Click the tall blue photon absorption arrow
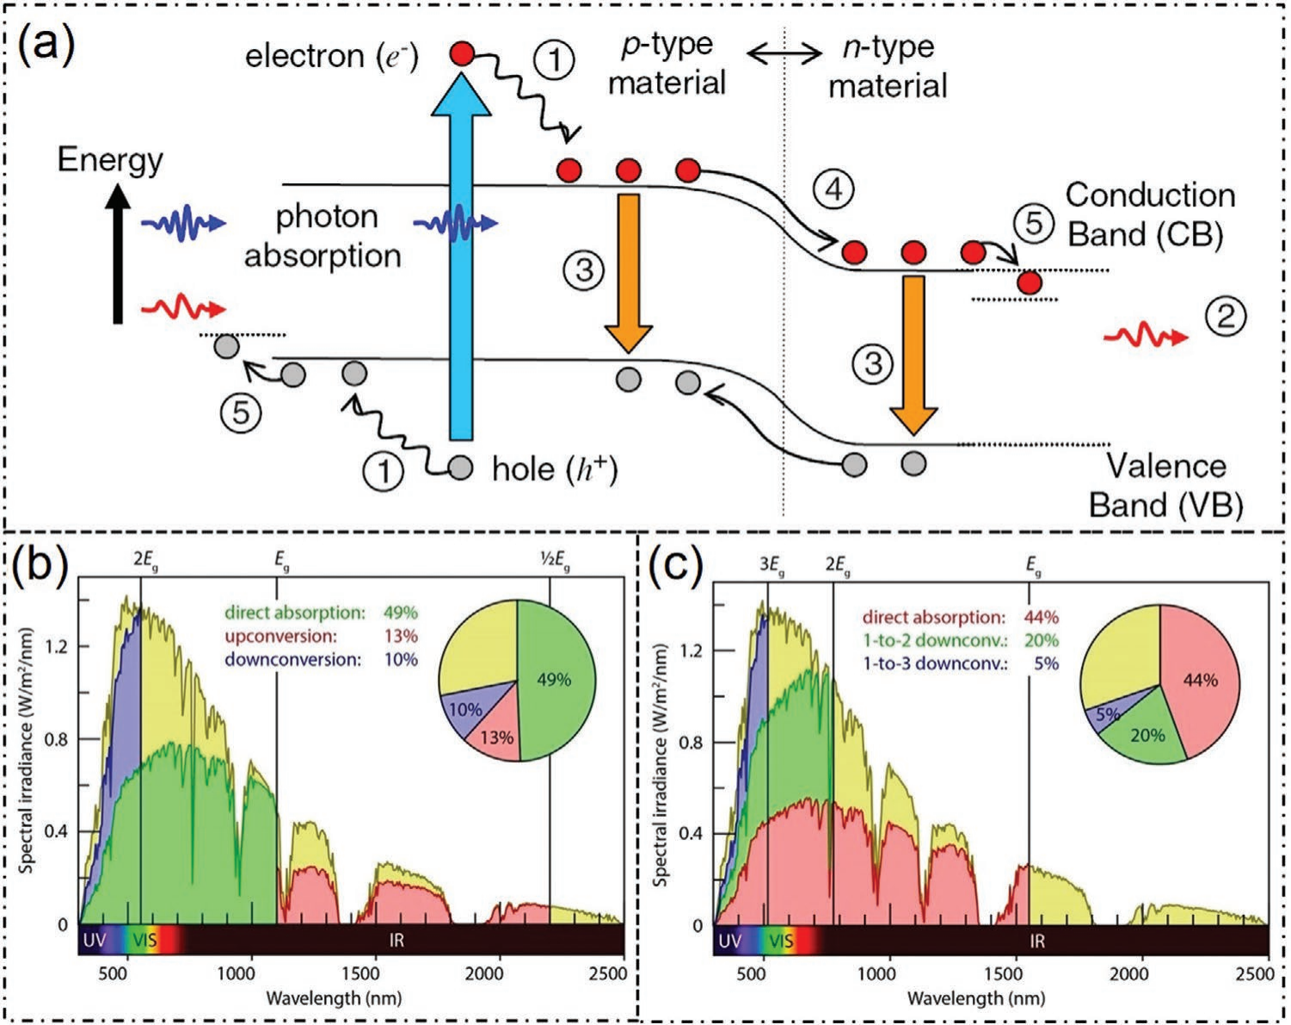click(463, 258)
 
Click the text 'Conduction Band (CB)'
click(1149, 214)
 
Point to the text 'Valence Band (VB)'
click(1165, 485)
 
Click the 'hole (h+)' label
click(555, 469)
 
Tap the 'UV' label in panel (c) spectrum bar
click(728, 941)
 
